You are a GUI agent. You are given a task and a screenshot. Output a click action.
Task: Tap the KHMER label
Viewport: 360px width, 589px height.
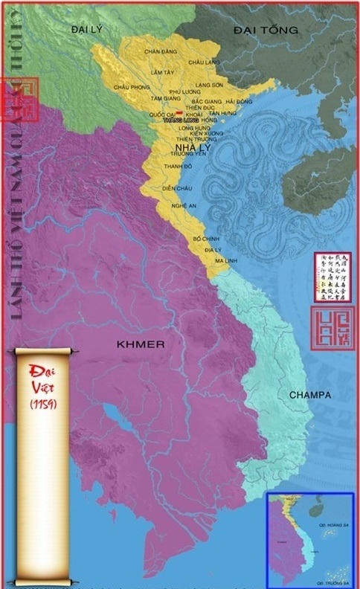coord(140,344)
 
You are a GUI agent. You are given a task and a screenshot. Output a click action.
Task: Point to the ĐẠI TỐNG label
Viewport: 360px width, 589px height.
coord(265,30)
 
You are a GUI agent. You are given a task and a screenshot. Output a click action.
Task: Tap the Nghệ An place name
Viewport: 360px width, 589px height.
coord(183,205)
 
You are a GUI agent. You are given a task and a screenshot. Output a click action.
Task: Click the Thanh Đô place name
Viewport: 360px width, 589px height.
coord(177,167)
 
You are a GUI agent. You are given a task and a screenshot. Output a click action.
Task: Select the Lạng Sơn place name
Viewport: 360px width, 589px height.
coord(208,86)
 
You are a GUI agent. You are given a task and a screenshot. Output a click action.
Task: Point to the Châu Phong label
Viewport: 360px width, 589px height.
coord(127,87)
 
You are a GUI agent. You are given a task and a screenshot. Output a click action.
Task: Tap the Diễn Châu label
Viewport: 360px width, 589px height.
coord(177,189)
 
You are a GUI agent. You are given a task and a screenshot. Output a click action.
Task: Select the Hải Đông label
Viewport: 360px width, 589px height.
coord(239,101)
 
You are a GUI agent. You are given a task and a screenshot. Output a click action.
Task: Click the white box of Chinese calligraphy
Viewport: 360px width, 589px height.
coord(332,276)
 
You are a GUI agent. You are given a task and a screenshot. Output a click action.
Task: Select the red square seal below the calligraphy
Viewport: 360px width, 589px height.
coord(332,326)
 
